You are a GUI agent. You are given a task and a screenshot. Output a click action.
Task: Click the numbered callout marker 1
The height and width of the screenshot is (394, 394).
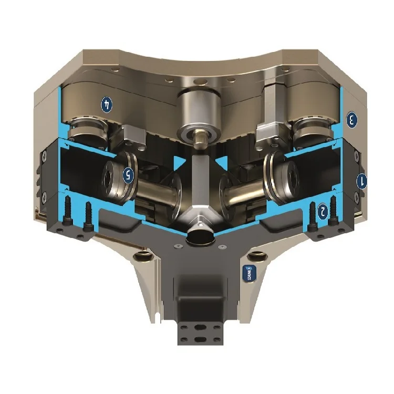(x=361, y=182)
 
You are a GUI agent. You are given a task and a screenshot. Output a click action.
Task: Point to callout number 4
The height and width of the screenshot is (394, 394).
(x=107, y=104)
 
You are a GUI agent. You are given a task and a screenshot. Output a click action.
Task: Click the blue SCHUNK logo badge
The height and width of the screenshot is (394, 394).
(x=248, y=273)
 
